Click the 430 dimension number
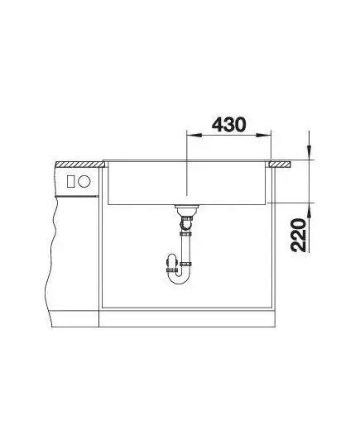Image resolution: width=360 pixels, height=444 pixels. [x=229, y=125]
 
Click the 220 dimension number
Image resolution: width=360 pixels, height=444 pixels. [x=299, y=235]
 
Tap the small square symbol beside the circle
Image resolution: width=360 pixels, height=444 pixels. [x=70, y=181]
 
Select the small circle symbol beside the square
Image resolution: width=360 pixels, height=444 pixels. [x=84, y=181]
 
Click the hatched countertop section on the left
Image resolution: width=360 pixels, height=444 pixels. [x=79, y=165]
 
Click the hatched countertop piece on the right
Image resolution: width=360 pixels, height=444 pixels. [x=280, y=165]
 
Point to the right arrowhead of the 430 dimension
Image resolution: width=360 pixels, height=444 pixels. [x=264, y=136]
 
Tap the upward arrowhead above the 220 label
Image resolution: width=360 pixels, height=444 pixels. [x=310, y=210]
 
